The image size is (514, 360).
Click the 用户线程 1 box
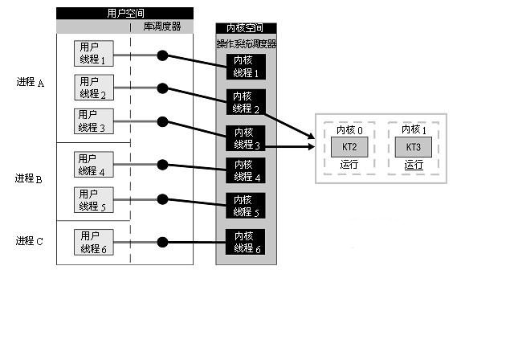pos(93,54)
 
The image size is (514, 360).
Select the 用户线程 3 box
pos(93,121)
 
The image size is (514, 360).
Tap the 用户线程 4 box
pos(93,165)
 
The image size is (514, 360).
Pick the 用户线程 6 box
pos(93,242)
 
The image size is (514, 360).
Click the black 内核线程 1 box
pos(245,67)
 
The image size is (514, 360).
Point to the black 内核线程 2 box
pos(245,102)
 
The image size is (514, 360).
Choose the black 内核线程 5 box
pos(245,206)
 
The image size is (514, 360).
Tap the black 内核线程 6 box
pos(245,242)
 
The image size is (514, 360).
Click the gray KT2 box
pos(349,147)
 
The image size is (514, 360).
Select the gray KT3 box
pos(414,147)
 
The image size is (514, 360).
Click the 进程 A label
pos(30,83)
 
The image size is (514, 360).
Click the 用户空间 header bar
pos(124,14)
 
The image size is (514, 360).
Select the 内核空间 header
pos(246,29)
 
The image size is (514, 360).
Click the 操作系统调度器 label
pos(247,44)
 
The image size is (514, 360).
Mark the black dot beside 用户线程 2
pos(162,88)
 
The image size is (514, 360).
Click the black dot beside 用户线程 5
pos(162,198)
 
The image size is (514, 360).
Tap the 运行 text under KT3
pos(414,165)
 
